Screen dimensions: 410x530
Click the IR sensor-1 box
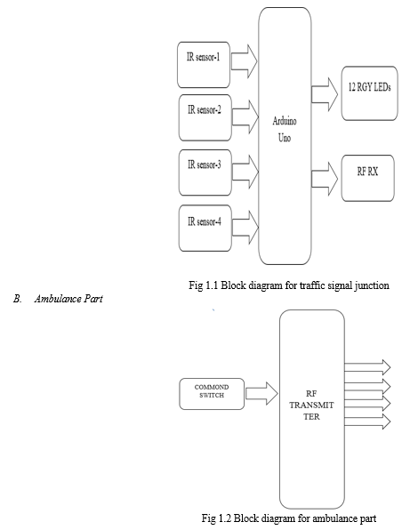pos(204,65)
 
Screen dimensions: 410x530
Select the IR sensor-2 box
pos(205,117)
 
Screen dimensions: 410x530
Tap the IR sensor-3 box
pos(205,173)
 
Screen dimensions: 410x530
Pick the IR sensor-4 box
pos(205,229)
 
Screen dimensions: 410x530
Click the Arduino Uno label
pos(285,129)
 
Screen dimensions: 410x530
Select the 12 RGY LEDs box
pos(369,93)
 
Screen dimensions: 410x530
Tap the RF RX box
pos(367,178)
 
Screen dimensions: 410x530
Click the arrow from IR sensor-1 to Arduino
pos(245,61)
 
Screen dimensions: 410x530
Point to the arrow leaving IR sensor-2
pos(245,117)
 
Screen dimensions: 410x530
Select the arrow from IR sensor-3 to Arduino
pos(245,172)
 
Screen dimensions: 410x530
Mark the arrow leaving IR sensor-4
pos(245,227)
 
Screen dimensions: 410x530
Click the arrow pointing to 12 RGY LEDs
pos(325,94)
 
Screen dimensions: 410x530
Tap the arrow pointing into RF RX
pos(325,179)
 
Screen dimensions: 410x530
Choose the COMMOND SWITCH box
pos(212,394)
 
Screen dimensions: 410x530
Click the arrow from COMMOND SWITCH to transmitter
pos(261,393)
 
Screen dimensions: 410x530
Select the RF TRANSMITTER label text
pos(311,405)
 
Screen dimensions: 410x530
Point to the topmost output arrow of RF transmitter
pos(367,367)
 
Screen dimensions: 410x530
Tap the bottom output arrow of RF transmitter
pos(367,422)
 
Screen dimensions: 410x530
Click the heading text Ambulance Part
pos(68,299)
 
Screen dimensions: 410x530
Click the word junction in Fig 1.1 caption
pos(372,286)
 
